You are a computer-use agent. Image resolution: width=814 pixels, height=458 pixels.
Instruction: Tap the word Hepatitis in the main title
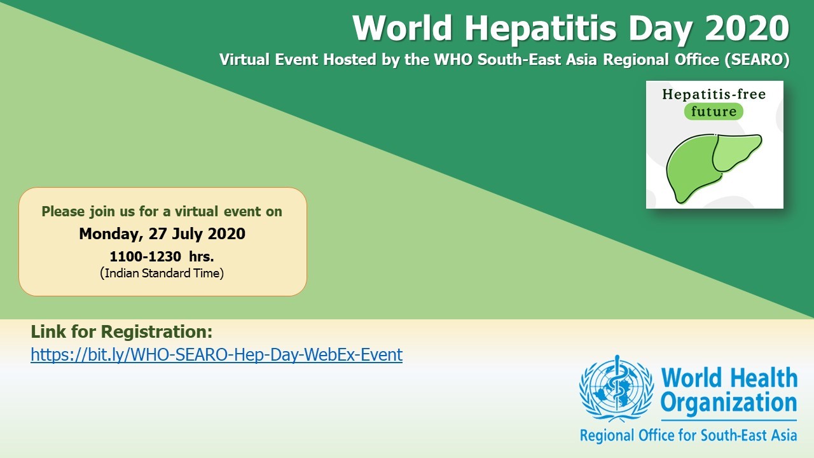pyautogui.click(x=541, y=29)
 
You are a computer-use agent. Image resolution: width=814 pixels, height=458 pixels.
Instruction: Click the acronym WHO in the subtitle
pyautogui.click(x=453, y=59)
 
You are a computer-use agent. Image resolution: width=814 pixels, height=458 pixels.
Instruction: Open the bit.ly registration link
pyautogui.click(x=217, y=354)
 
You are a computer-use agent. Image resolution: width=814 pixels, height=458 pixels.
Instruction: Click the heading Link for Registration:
pyautogui.click(x=121, y=332)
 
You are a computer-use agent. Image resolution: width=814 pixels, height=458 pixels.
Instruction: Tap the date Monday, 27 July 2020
pyautogui.click(x=162, y=233)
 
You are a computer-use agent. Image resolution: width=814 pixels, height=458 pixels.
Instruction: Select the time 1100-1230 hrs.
pyautogui.click(x=162, y=256)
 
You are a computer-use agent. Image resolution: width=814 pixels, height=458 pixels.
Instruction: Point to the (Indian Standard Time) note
pyautogui.click(x=162, y=273)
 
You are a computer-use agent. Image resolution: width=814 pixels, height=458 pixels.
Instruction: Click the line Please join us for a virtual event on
pyautogui.click(x=162, y=212)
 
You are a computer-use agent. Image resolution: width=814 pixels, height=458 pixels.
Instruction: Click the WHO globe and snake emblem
pyautogui.click(x=617, y=389)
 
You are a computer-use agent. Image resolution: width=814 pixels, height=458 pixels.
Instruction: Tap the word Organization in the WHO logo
pyautogui.click(x=729, y=403)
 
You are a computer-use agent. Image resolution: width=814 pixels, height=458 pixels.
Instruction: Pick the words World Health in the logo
pyautogui.click(x=729, y=378)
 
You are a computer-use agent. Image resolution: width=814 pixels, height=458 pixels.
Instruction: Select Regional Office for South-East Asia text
pyautogui.click(x=688, y=435)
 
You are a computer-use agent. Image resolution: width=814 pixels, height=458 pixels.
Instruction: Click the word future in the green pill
pyautogui.click(x=714, y=111)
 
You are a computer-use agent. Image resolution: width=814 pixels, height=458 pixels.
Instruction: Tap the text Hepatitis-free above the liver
pyautogui.click(x=714, y=94)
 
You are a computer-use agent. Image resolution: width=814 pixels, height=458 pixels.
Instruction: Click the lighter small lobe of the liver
pyautogui.click(x=736, y=151)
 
